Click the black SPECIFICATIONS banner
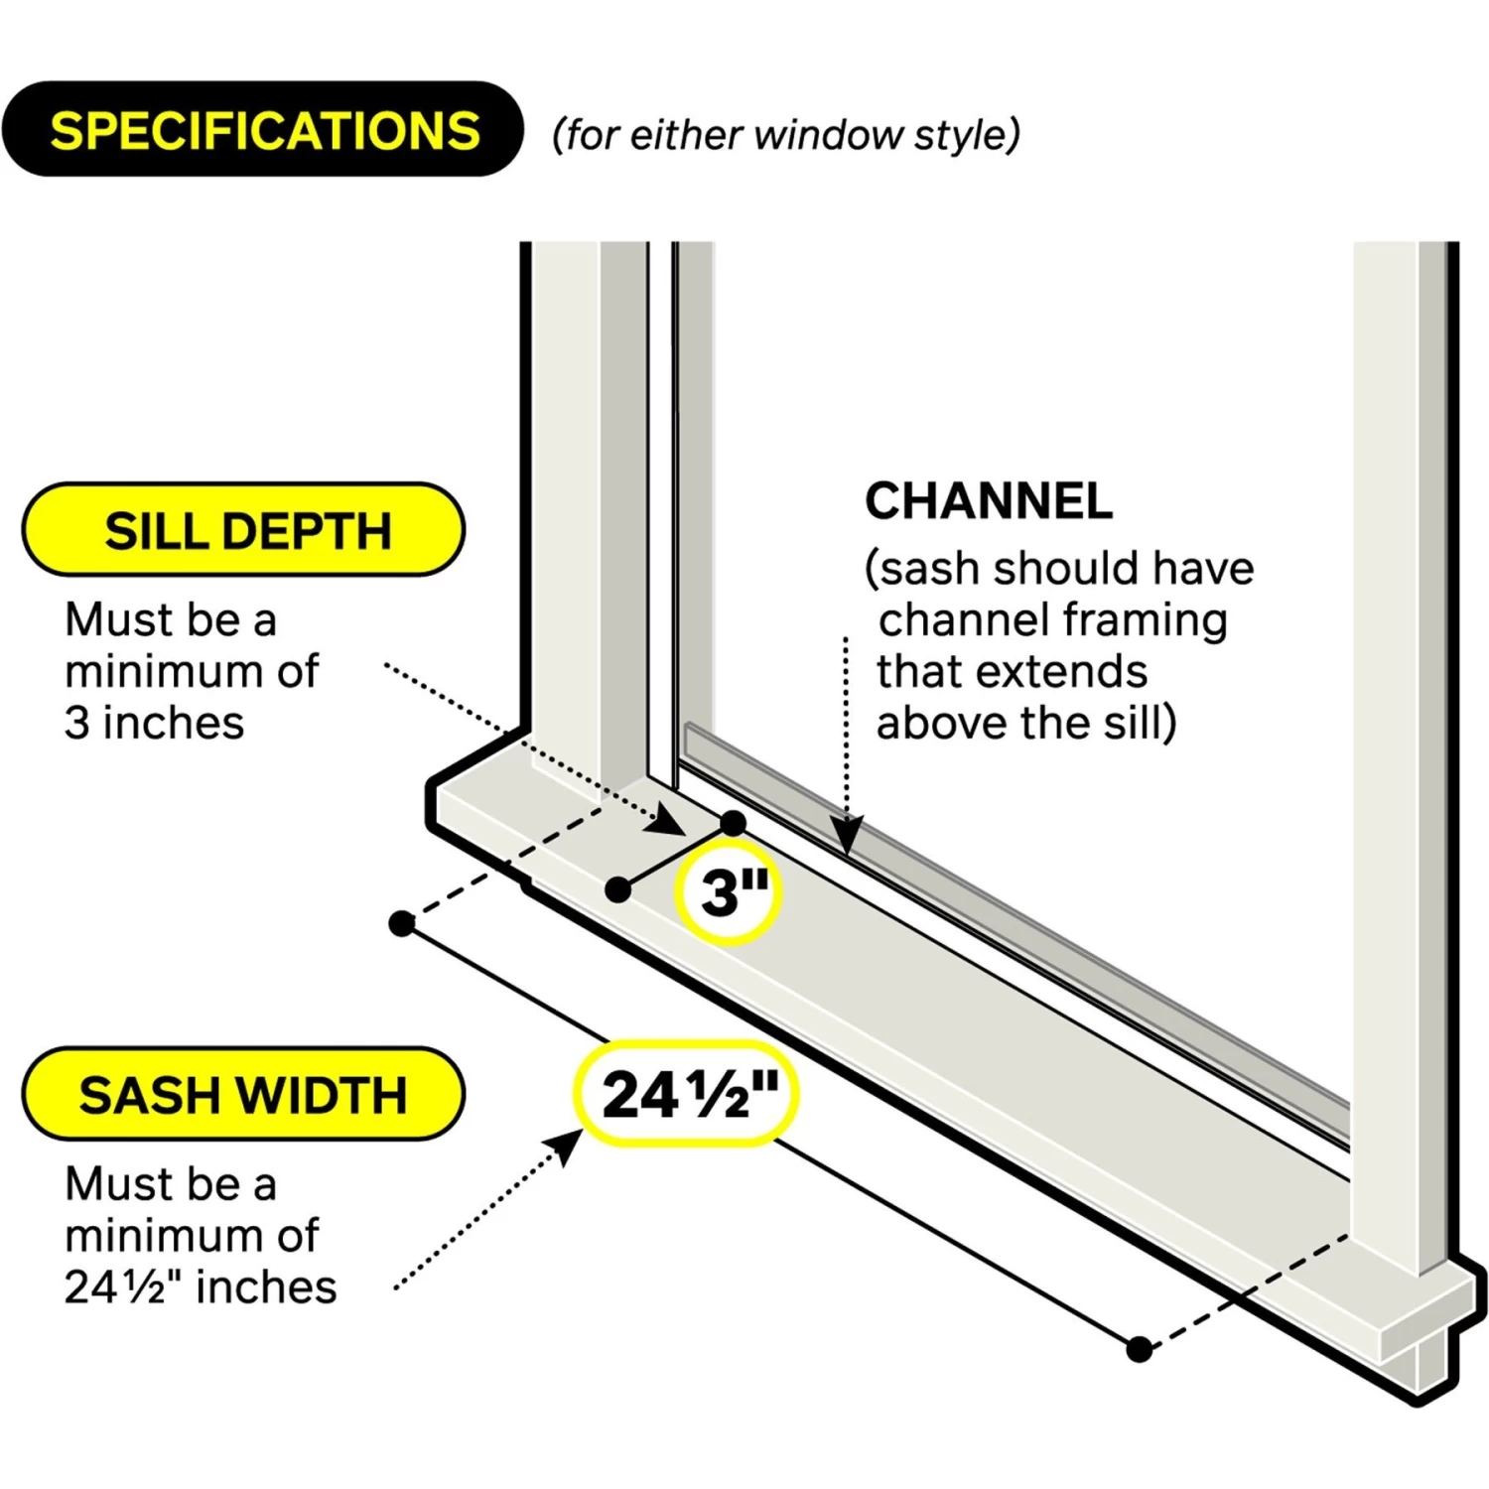click(x=263, y=130)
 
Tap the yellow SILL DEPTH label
click(x=244, y=530)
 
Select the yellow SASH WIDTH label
click(x=244, y=1094)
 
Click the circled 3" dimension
click(x=729, y=890)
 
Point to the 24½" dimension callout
click(x=687, y=1094)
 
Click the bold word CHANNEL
click(x=989, y=501)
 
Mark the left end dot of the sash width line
click(x=402, y=924)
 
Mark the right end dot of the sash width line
click(x=1140, y=1349)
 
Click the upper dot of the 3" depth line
click(x=733, y=823)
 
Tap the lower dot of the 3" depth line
click(x=617, y=889)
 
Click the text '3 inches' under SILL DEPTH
click(x=155, y=723)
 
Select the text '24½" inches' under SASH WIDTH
click(x=201, y=1286)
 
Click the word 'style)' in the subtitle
click(x=967, y=135)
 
